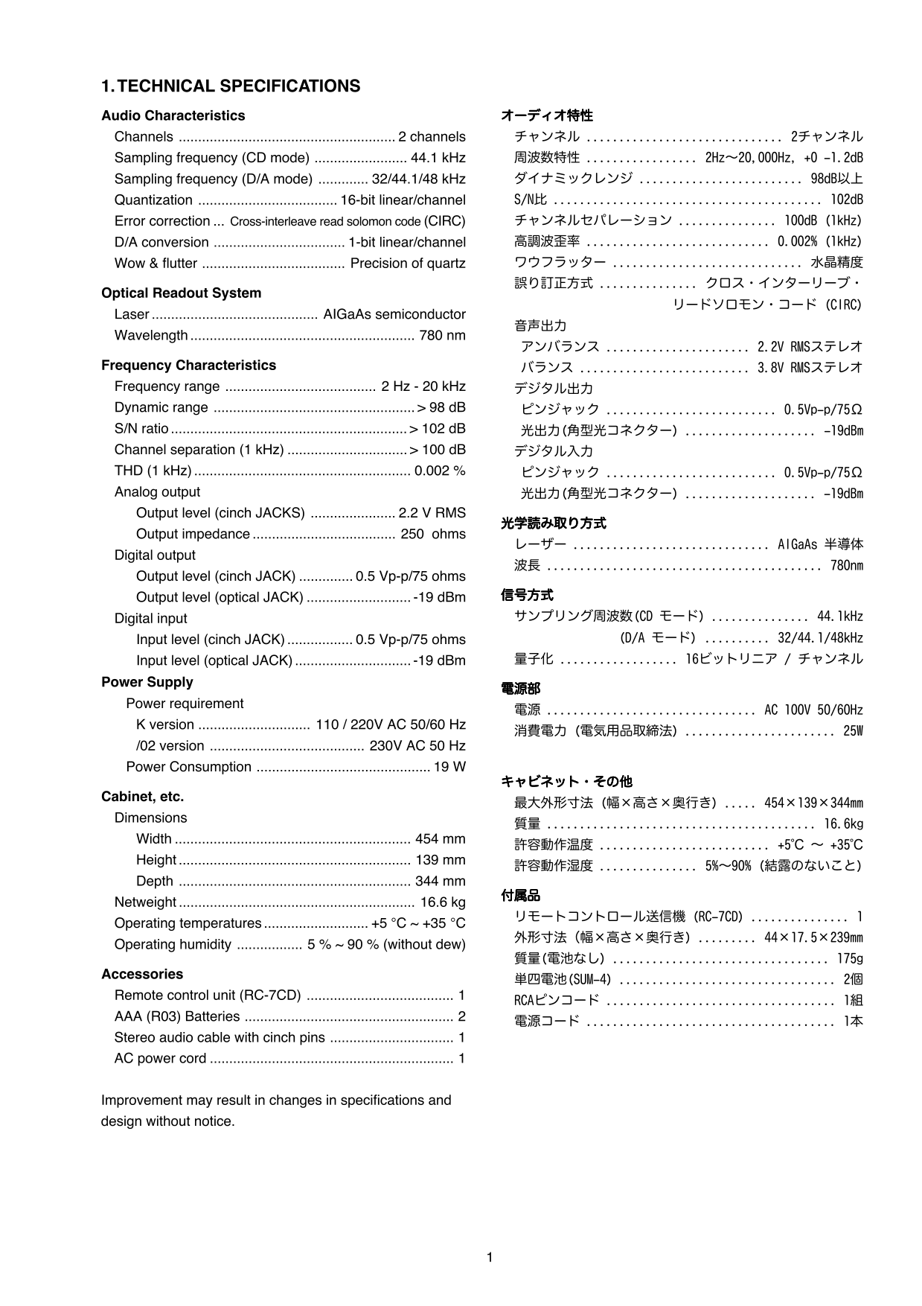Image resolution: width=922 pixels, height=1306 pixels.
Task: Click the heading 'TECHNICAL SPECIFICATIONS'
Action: coord(239,86)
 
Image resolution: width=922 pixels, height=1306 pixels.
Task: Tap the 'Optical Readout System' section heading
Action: coord(181,293)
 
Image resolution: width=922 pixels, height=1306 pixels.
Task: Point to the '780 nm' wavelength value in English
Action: coord(442,336)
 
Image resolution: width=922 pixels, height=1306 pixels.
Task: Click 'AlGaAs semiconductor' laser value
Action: coord(394,315)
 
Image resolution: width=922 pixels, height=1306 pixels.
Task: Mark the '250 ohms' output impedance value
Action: coord(433,534)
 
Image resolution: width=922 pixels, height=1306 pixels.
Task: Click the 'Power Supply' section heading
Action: coord(147,682)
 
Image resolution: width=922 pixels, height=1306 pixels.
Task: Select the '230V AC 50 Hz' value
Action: coord(417,746)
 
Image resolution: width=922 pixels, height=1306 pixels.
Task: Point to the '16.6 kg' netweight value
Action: coord(443,902)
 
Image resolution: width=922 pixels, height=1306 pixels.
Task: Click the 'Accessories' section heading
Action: coord(142,975)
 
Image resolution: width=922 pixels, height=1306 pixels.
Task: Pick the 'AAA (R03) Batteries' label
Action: coord(177,1016)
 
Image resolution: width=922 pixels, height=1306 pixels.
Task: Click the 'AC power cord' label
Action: coord(160,1059)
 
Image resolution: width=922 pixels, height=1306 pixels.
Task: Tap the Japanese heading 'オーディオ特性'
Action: coord(547,115)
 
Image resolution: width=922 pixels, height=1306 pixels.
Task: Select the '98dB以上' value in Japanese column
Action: coord(836,179)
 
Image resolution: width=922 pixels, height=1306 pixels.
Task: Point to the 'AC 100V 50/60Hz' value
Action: coord(813,710)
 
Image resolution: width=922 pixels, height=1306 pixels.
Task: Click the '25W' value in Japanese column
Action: coord(853,731)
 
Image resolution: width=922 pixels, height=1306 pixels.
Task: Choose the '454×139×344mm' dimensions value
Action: coord(813,803)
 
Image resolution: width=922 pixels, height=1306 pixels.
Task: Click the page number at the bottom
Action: coord(490,1258)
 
